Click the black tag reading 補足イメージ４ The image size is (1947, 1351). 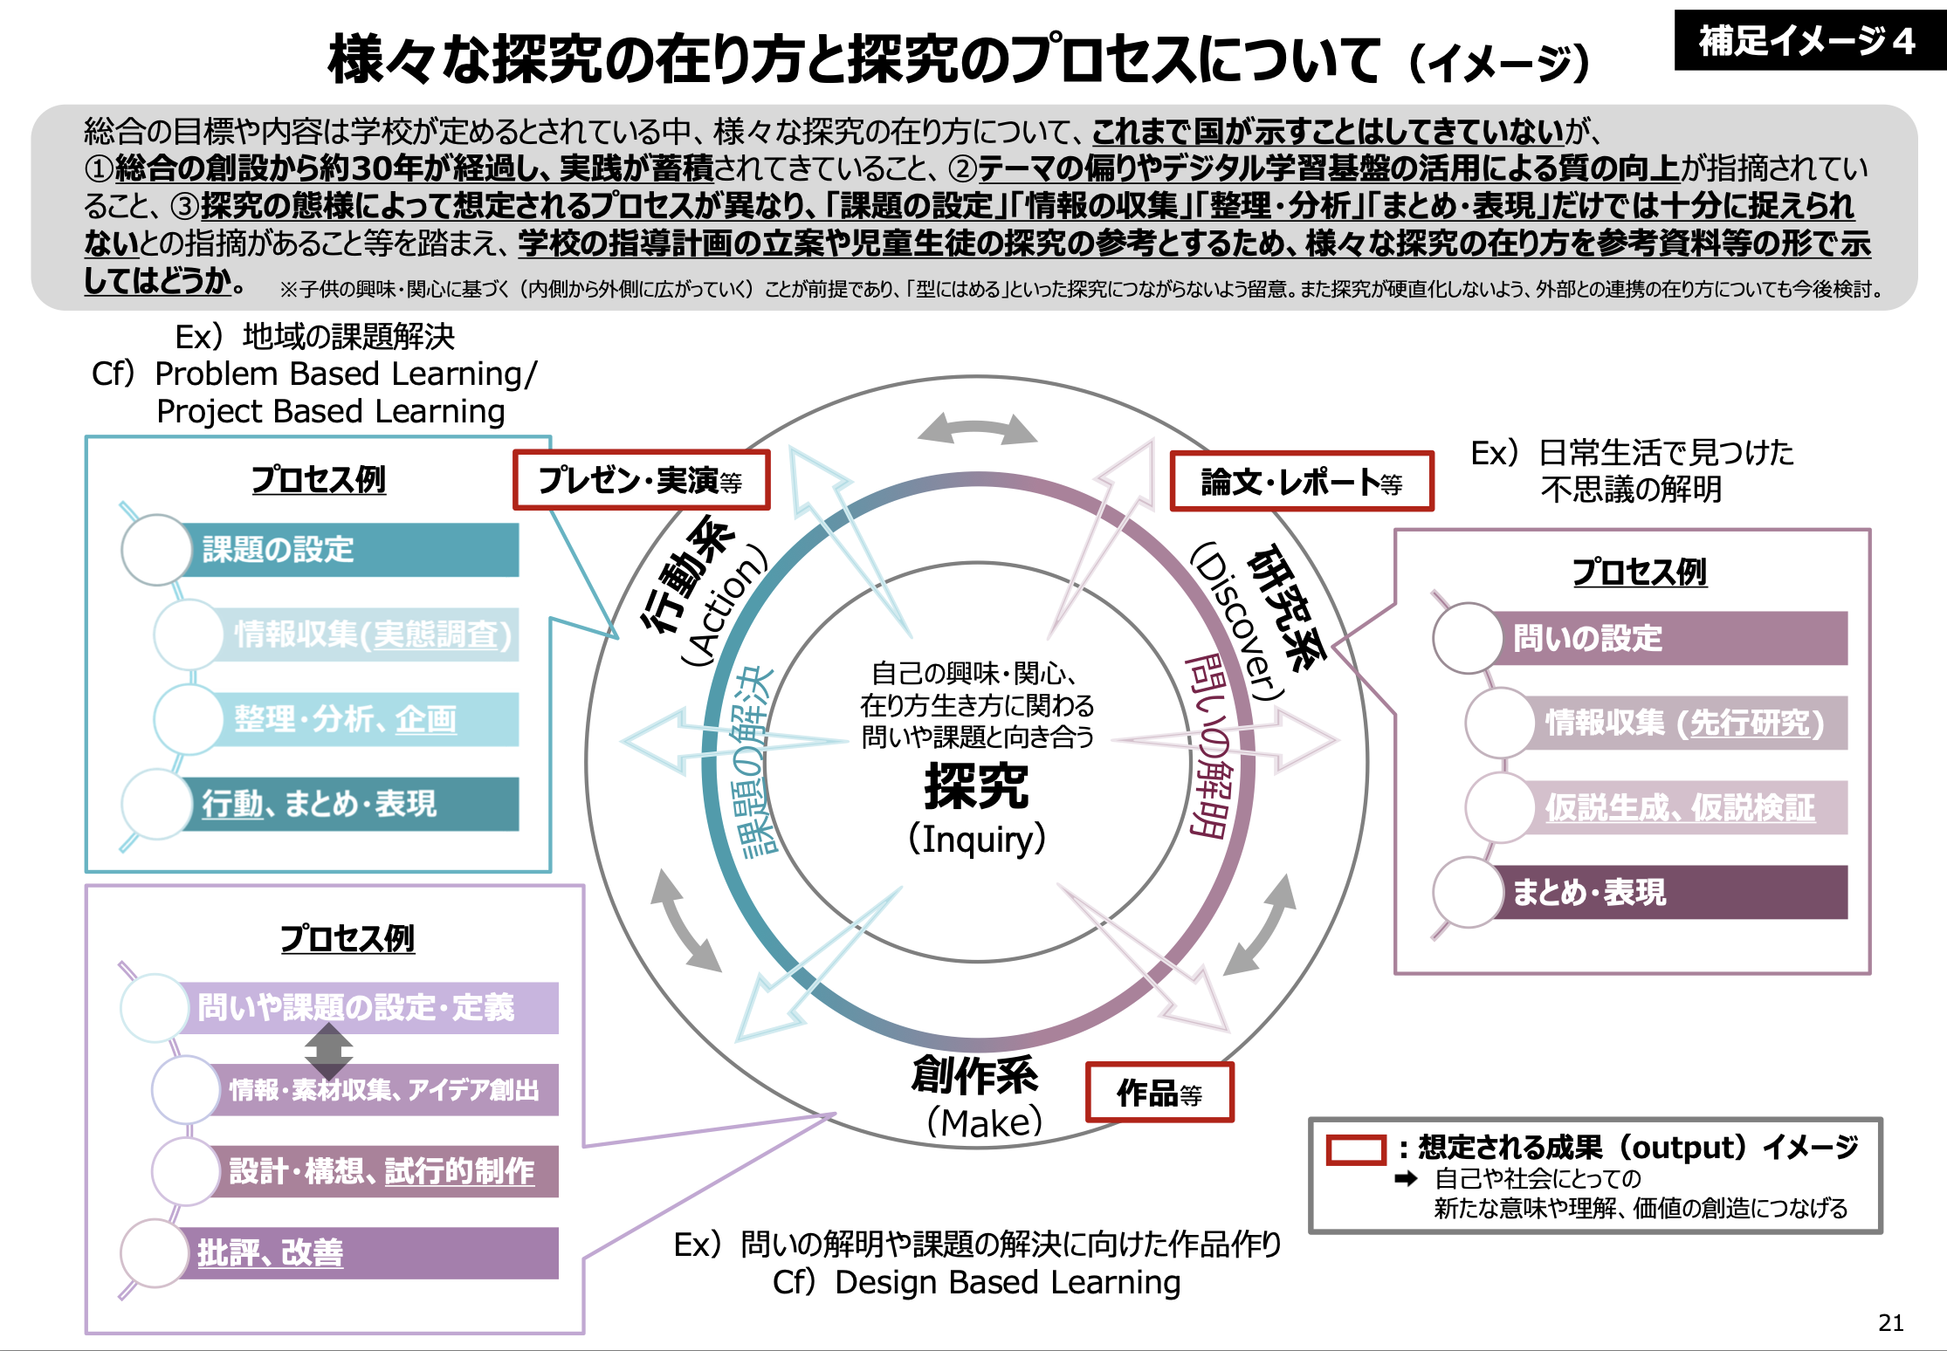click(1807, 41)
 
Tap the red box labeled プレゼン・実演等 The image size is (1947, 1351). click(641, 480)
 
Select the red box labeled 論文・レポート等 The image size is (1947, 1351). click(1301, 482)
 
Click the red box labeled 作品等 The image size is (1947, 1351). click(1159, 1093)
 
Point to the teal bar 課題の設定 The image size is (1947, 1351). click(349, 550)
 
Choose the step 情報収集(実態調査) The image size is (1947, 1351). click(371, 634)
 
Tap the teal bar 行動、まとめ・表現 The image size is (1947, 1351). click(349, 804)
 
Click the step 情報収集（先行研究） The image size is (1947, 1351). click(1685, 723)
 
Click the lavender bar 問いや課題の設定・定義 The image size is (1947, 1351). click(367, 1007)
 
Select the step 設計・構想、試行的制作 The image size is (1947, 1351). click(384, 1171)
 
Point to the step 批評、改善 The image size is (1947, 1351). click(367, 1253)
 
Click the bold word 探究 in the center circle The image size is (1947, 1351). click(976, 786)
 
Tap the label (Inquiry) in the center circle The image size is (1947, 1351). click(976, 839)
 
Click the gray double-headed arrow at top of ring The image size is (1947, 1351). click(978, 429)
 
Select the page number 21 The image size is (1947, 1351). click(1890, 1323)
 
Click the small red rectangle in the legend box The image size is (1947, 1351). click(1355, 1149)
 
